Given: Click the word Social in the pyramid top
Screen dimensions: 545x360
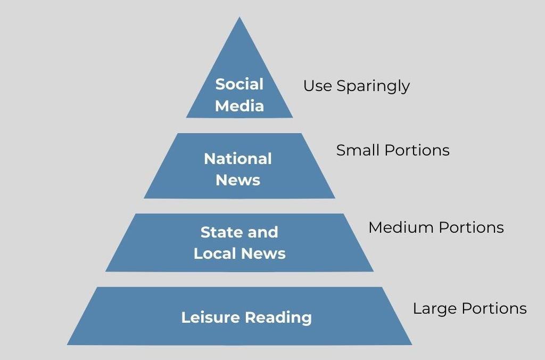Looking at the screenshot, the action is tap(239, 84).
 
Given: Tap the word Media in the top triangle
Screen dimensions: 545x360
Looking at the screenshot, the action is tap(239, 105).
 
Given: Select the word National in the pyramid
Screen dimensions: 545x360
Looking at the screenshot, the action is tap(238, 159).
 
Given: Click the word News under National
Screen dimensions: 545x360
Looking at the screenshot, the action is tap(238, 180).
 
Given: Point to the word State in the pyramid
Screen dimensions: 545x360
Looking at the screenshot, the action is tap(218, 232).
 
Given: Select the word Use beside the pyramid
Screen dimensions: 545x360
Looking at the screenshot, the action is tap(317, 86).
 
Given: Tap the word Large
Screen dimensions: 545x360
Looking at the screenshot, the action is tap(435, 309).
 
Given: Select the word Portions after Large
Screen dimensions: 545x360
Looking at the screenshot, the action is tap(494, 308).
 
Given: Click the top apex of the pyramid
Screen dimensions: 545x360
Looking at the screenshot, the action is tap(240, 19).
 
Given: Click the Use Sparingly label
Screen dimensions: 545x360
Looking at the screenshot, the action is tap(356, 86).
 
